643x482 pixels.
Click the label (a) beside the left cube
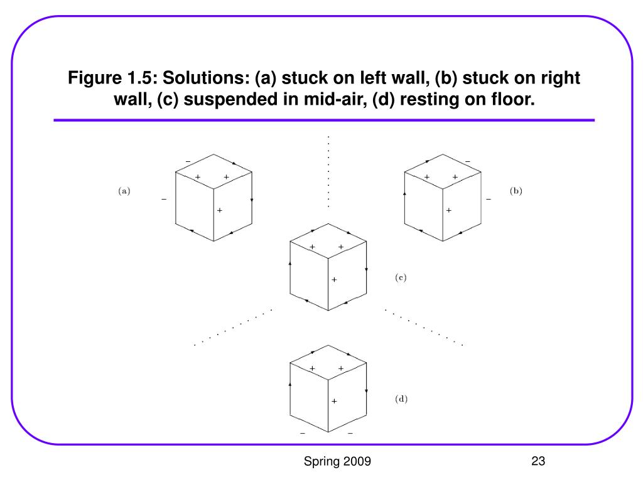click(x=124, y=191)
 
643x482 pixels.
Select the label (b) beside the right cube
click(x=516, y=191)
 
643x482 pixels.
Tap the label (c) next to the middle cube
click(x=401, y=277)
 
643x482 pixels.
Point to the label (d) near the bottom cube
click(x=401, y=399)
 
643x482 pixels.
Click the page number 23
click(x=538, y=462)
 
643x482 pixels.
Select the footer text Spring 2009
click(x=337, y=462)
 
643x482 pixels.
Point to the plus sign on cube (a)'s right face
click(x=220, y=210)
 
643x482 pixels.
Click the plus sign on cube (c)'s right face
click(x=334, y=279)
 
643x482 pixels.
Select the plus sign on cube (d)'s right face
click(x=334, y=401)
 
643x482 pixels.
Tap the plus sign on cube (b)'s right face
click(x=448, y=210)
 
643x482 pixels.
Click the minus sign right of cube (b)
click(x=488, y=200)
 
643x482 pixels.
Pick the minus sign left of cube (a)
click(x=164, y=200)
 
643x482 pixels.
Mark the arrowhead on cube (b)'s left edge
click(x=404, y=193)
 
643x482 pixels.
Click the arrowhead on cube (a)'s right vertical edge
click(x=252, y=200)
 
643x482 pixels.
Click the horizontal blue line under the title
click(x=323, y=120)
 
